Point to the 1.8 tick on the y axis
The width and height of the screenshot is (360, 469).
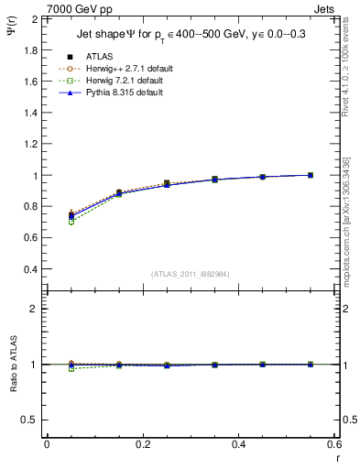click(31, 49)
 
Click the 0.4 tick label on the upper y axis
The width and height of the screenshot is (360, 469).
click(31, 269)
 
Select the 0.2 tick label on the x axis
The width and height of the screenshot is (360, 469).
click(142, 444)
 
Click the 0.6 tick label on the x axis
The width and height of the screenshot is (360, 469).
click(333, 444)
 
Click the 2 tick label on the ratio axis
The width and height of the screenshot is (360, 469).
click(35, 309)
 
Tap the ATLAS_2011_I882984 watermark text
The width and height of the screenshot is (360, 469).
click(191, 274)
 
